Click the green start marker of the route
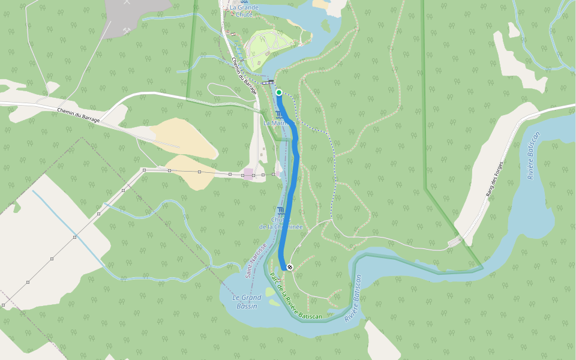tap(279, 92)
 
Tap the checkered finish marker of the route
tap(290, 267)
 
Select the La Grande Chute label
tap(244, 11)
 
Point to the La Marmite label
tap(276, 123)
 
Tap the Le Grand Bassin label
tap(247, 302)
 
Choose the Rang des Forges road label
tap(493, 181)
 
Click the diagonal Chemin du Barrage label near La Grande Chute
tap(244, 76)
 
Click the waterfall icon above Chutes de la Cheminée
tap(281, 209)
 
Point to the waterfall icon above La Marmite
tap(278, 114)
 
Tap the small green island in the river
tap(326, 26)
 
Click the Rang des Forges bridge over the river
tap(455, 241)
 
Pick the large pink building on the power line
tap(248, 174)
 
